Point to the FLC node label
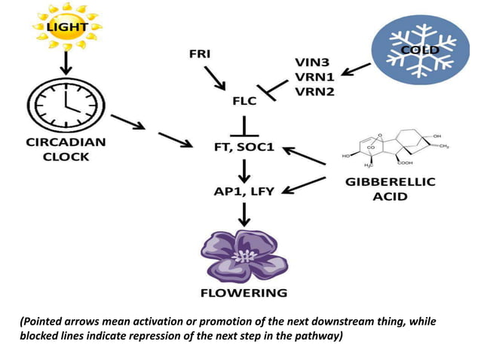tap(244, 100)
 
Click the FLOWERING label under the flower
tap(244, 292)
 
